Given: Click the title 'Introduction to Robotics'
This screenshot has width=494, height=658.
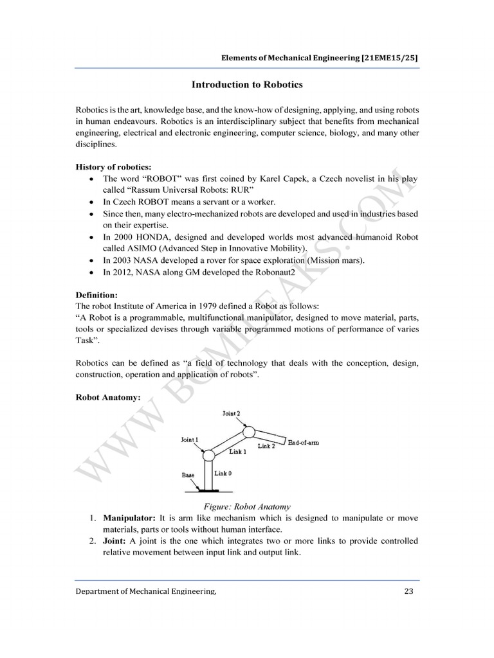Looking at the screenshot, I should coord(247,84).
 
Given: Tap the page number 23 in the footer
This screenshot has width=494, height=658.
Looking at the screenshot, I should coord(408,591).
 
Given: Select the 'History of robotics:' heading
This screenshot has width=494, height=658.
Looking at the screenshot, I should coord(113,166).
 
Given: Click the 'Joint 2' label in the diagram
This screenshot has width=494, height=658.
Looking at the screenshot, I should coord(232,414).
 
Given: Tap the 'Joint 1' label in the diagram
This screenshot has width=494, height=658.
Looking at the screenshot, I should coord(190,440).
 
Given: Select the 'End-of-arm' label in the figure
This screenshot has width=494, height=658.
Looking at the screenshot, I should coord(304,443).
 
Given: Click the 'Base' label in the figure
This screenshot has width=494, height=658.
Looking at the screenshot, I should coord(188,476).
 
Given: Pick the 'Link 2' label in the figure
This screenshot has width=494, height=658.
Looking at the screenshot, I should coord(266,445).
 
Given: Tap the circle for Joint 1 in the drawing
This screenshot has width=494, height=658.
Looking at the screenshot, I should coord(208,456).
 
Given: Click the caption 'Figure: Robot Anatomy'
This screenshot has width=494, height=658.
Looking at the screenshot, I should coord(246,506).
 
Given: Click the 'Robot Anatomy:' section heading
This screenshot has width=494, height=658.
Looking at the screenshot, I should coord(107,397).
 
